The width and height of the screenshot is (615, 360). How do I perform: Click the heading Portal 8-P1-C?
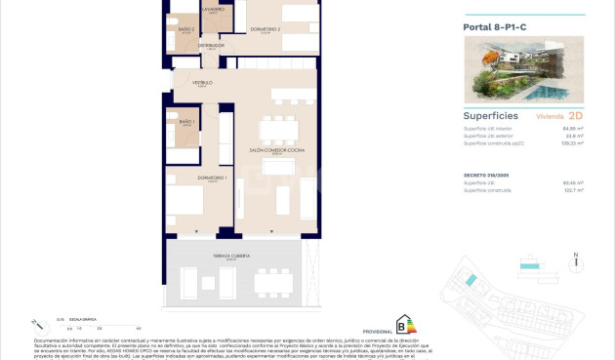coord(497,27)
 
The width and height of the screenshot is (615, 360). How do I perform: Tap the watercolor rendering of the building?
coord(523,72)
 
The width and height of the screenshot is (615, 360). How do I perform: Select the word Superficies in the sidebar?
coord(491,114)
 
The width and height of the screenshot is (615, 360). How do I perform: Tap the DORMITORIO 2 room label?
coord(265,29)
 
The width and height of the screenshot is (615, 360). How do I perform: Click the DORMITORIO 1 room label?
coord(213,177)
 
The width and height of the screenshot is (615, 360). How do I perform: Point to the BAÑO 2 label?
coord(186,29)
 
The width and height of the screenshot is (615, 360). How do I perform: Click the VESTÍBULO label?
coord(202,83)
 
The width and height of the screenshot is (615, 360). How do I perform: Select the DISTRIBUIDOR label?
coord(212,45)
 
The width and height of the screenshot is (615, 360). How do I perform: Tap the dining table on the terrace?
coord(274,282)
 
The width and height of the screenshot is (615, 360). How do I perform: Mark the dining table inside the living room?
coord(279,129)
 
